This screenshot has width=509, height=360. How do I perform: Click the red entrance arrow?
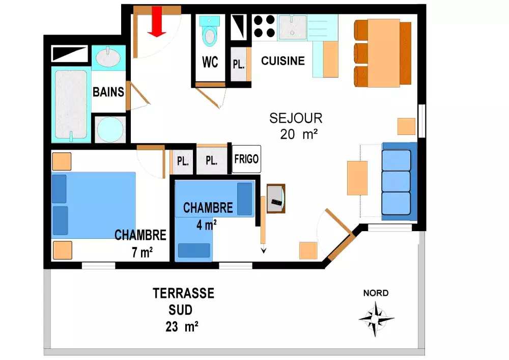pos(157,21)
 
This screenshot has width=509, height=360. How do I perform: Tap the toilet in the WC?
pos(209,31)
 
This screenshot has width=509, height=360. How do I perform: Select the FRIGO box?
pos(246,159)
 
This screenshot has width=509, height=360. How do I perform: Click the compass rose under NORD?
pos(376,319)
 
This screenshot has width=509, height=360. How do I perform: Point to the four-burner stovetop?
pos(265,26)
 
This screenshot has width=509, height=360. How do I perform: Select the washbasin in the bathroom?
pos(108,57)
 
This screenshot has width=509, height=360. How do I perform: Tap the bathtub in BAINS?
pos(71,104)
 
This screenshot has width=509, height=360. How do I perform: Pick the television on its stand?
pos(276,199)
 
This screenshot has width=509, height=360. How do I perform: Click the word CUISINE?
pos(282,61)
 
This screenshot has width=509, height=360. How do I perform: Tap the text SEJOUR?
pos(296,118)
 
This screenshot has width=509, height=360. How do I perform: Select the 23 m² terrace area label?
pos(182,326)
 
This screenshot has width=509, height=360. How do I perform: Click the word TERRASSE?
pos(183,293)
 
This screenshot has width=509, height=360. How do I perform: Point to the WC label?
pos(210,62)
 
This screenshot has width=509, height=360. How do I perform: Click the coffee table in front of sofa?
pos(357,178)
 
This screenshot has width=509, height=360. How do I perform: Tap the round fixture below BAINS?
pos(110,129)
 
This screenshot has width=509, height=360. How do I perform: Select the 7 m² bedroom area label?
pos(142,252)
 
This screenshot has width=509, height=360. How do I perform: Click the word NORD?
pos(376,293)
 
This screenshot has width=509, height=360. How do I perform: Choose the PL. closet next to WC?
pos(239,64)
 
